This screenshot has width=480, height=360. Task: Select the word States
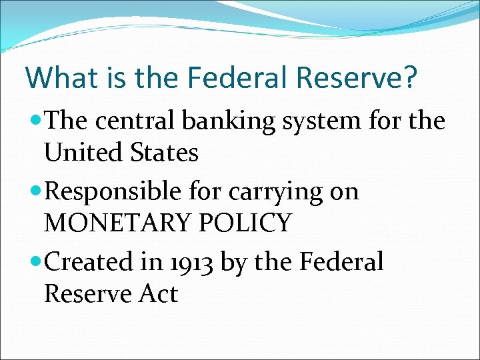[165, 153]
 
